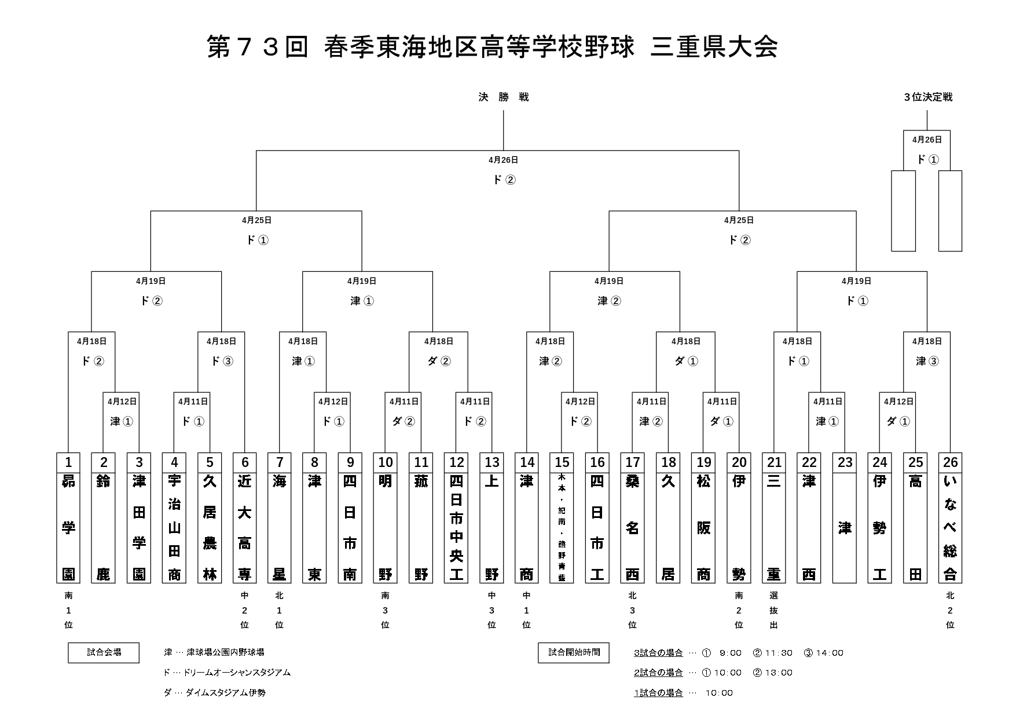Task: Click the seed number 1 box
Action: (68, 462)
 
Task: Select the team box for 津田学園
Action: (139, 527)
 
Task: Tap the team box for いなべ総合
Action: (950, 527)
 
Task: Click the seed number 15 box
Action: (562, 462)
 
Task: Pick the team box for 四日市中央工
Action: (456, 527)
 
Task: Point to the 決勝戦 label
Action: (503, 97)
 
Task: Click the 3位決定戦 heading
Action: (927, 97)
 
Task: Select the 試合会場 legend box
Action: (104, 652)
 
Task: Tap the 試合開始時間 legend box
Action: (574, 652)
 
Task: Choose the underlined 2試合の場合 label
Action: (658, 673)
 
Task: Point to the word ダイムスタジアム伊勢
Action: (226, 692)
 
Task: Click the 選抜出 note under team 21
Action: (774, 610)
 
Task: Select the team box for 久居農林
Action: (210, 527)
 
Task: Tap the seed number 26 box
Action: (950, 462)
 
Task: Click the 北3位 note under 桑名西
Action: (632, 610)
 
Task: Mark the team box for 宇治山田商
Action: (174, 527)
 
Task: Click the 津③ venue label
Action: (927, 361)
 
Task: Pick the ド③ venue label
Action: (222, 361)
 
